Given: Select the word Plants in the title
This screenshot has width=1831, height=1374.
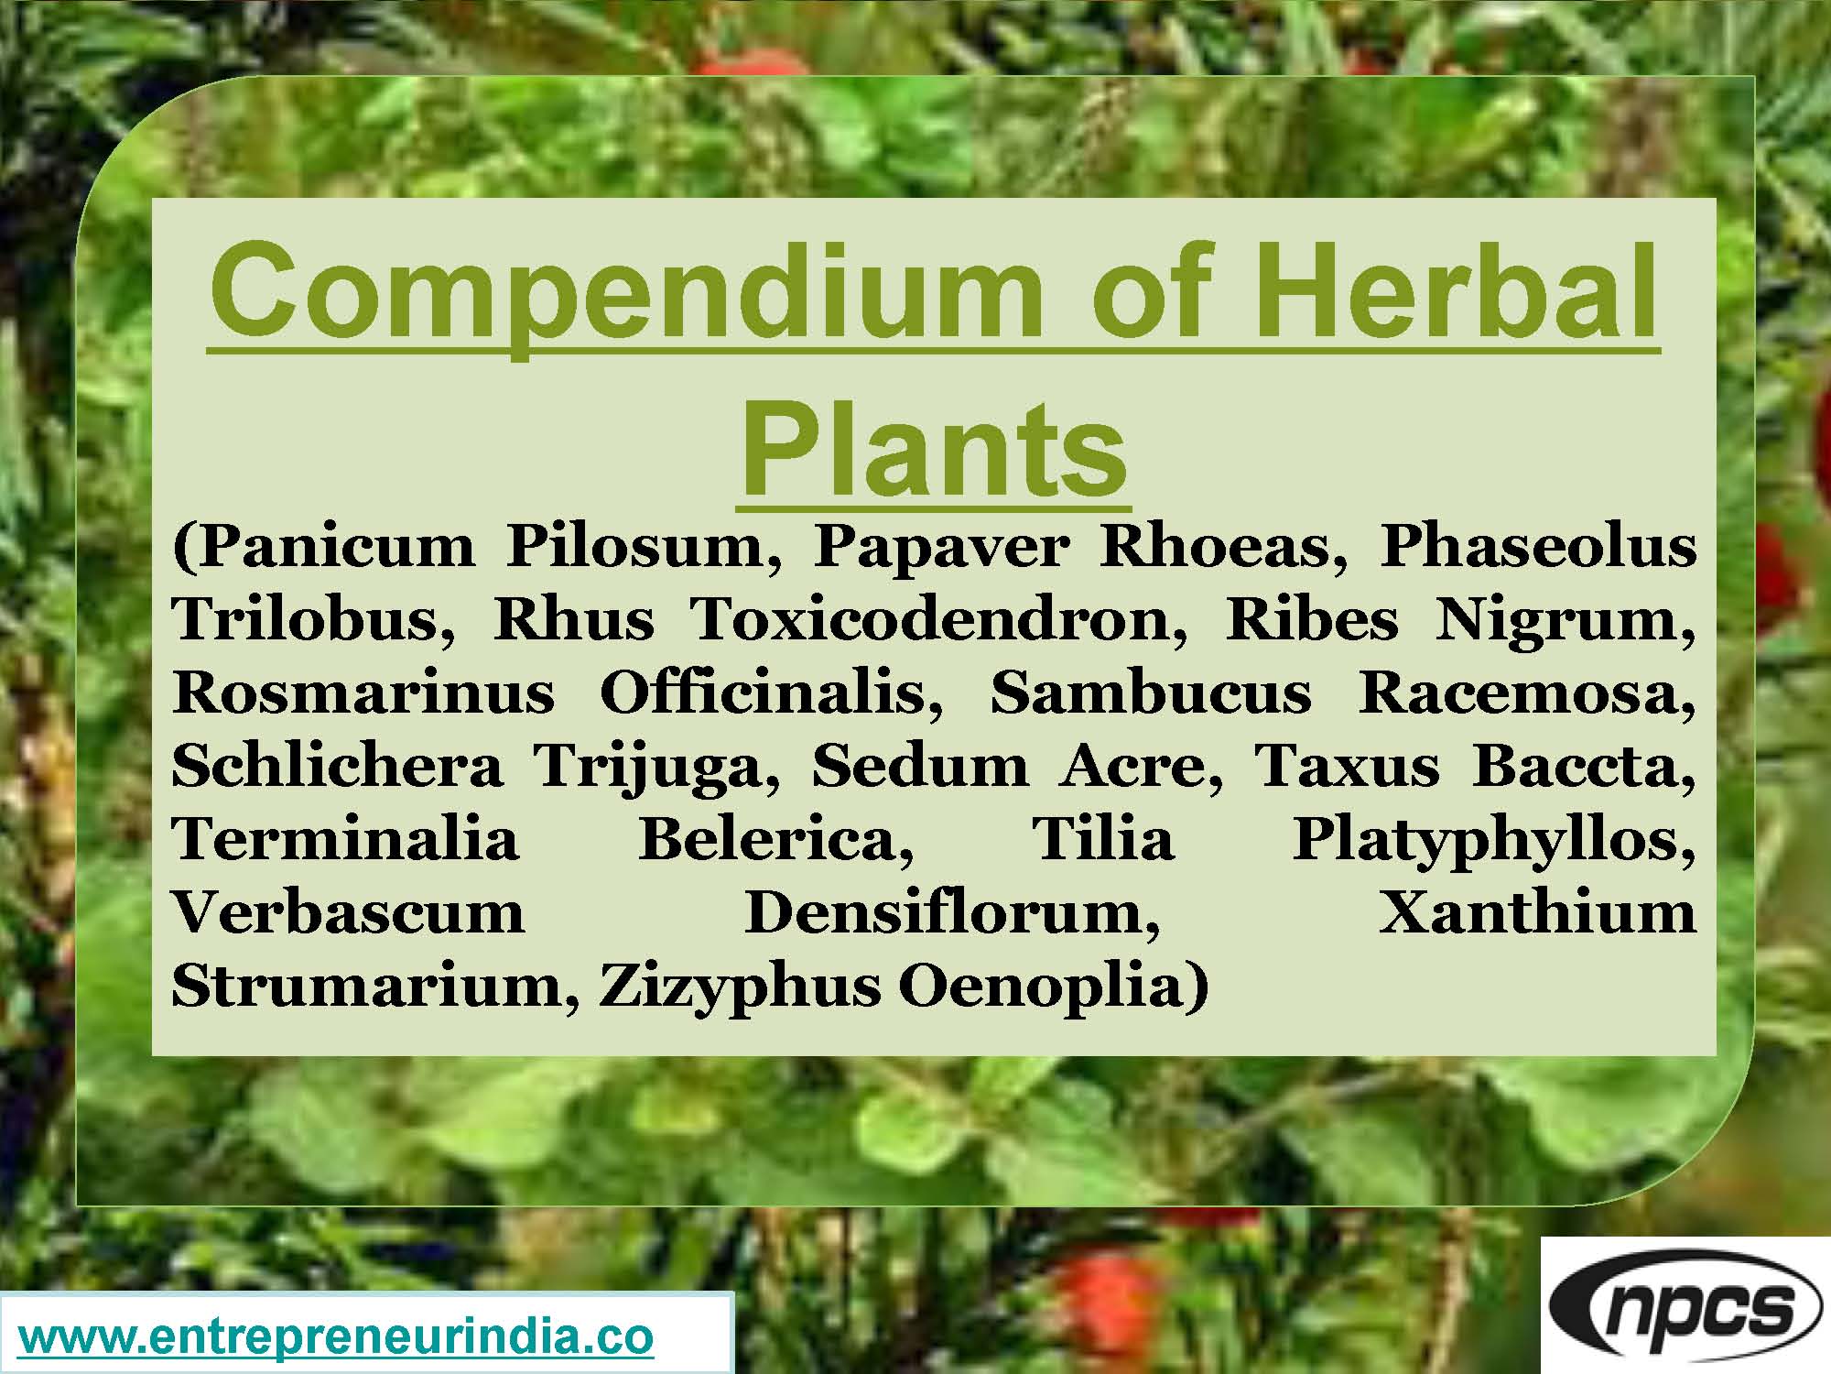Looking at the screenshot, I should (x=934, y=449).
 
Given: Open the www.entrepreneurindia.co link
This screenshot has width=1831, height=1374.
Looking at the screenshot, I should (x=336, y=1336).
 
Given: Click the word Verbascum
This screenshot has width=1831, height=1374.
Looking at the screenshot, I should (x=349, y=912).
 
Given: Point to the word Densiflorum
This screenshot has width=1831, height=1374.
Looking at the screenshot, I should (x=952, y=912).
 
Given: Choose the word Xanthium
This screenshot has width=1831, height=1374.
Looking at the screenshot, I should (x=1537, y=912).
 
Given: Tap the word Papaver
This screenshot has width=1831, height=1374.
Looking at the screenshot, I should (x=942, y=547).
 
